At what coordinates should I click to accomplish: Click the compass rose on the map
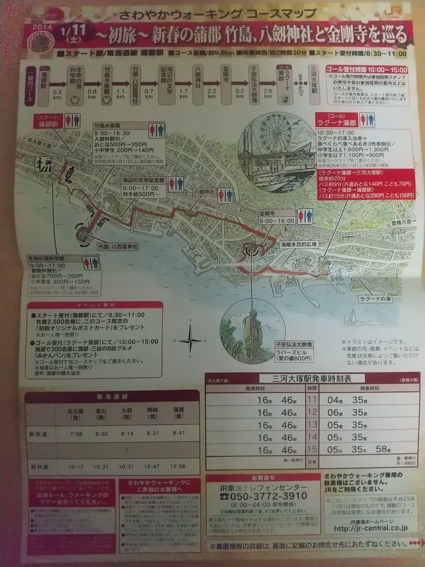point(190,340)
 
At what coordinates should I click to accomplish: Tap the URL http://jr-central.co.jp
point(371,528)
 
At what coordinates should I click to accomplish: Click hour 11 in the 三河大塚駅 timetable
point(312,400)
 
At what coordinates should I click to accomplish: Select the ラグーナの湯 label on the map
point(375,299)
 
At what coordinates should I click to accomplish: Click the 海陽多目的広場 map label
point(298,245)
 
